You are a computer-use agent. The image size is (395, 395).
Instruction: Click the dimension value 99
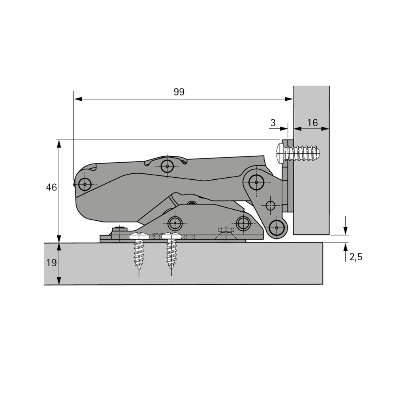pyautogui.click(x=179, y=92)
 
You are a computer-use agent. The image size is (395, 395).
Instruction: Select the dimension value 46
pyautogui.click(x=51, y=187)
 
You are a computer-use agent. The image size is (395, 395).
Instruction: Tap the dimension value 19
pyautogui.click(x=51, y=263)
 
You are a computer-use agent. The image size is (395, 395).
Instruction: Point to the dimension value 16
pyautogui.click(x=312, y=122)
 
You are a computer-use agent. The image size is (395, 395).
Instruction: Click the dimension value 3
pyautogui.click(x=273, y=122)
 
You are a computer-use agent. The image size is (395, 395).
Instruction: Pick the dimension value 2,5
pyautogui.click(x=356, y=257)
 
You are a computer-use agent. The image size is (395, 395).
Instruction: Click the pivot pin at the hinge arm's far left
pyautogui.click(x=85, y=184)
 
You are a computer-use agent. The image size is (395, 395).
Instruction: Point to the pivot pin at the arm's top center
pyautogui.click(x=167, y=166)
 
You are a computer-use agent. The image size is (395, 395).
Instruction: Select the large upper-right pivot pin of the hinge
pyautogui.click(x=256, y=182)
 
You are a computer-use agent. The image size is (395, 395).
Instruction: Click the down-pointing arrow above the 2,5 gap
pyautogui.click(x=346, y=231)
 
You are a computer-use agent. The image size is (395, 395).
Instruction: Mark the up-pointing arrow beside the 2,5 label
pyautogui.click(x=346, y=247)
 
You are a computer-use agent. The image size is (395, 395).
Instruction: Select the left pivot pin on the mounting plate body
pyautogui.click(x=175, y=224)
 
